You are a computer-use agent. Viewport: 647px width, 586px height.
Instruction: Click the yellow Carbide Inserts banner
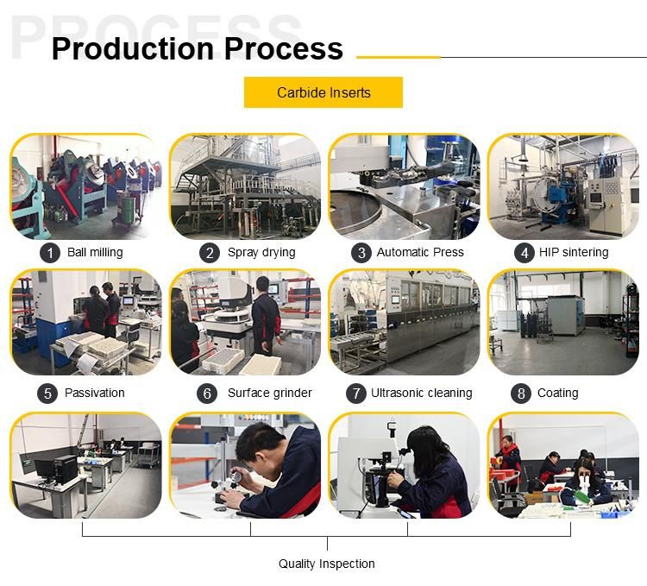tap(323, 92)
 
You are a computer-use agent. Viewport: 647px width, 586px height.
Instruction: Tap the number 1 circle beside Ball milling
tap(50, 253)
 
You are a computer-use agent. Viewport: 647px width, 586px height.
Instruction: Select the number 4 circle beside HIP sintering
tap(525, 253)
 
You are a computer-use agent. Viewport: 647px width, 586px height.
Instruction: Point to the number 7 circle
tap(356, 394)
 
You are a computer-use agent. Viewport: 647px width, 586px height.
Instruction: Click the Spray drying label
tap(261, 252)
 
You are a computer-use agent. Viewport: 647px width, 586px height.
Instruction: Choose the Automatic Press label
tap(420, 252)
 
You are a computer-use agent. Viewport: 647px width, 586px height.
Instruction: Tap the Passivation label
tap(95, 393)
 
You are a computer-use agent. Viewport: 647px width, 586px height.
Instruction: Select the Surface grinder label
tap(269, 393)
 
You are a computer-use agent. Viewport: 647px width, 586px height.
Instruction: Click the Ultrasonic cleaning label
tap(421, 393)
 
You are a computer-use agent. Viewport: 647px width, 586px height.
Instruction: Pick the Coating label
tap(557, 393)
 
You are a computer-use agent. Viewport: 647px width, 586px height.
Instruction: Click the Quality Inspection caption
tap(326, 564)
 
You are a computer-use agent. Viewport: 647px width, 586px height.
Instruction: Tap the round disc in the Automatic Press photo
tap(355, 210)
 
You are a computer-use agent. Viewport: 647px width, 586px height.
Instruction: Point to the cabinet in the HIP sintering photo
tap(606, 205)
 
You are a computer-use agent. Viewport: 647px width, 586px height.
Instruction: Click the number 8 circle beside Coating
tap(521, 394)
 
